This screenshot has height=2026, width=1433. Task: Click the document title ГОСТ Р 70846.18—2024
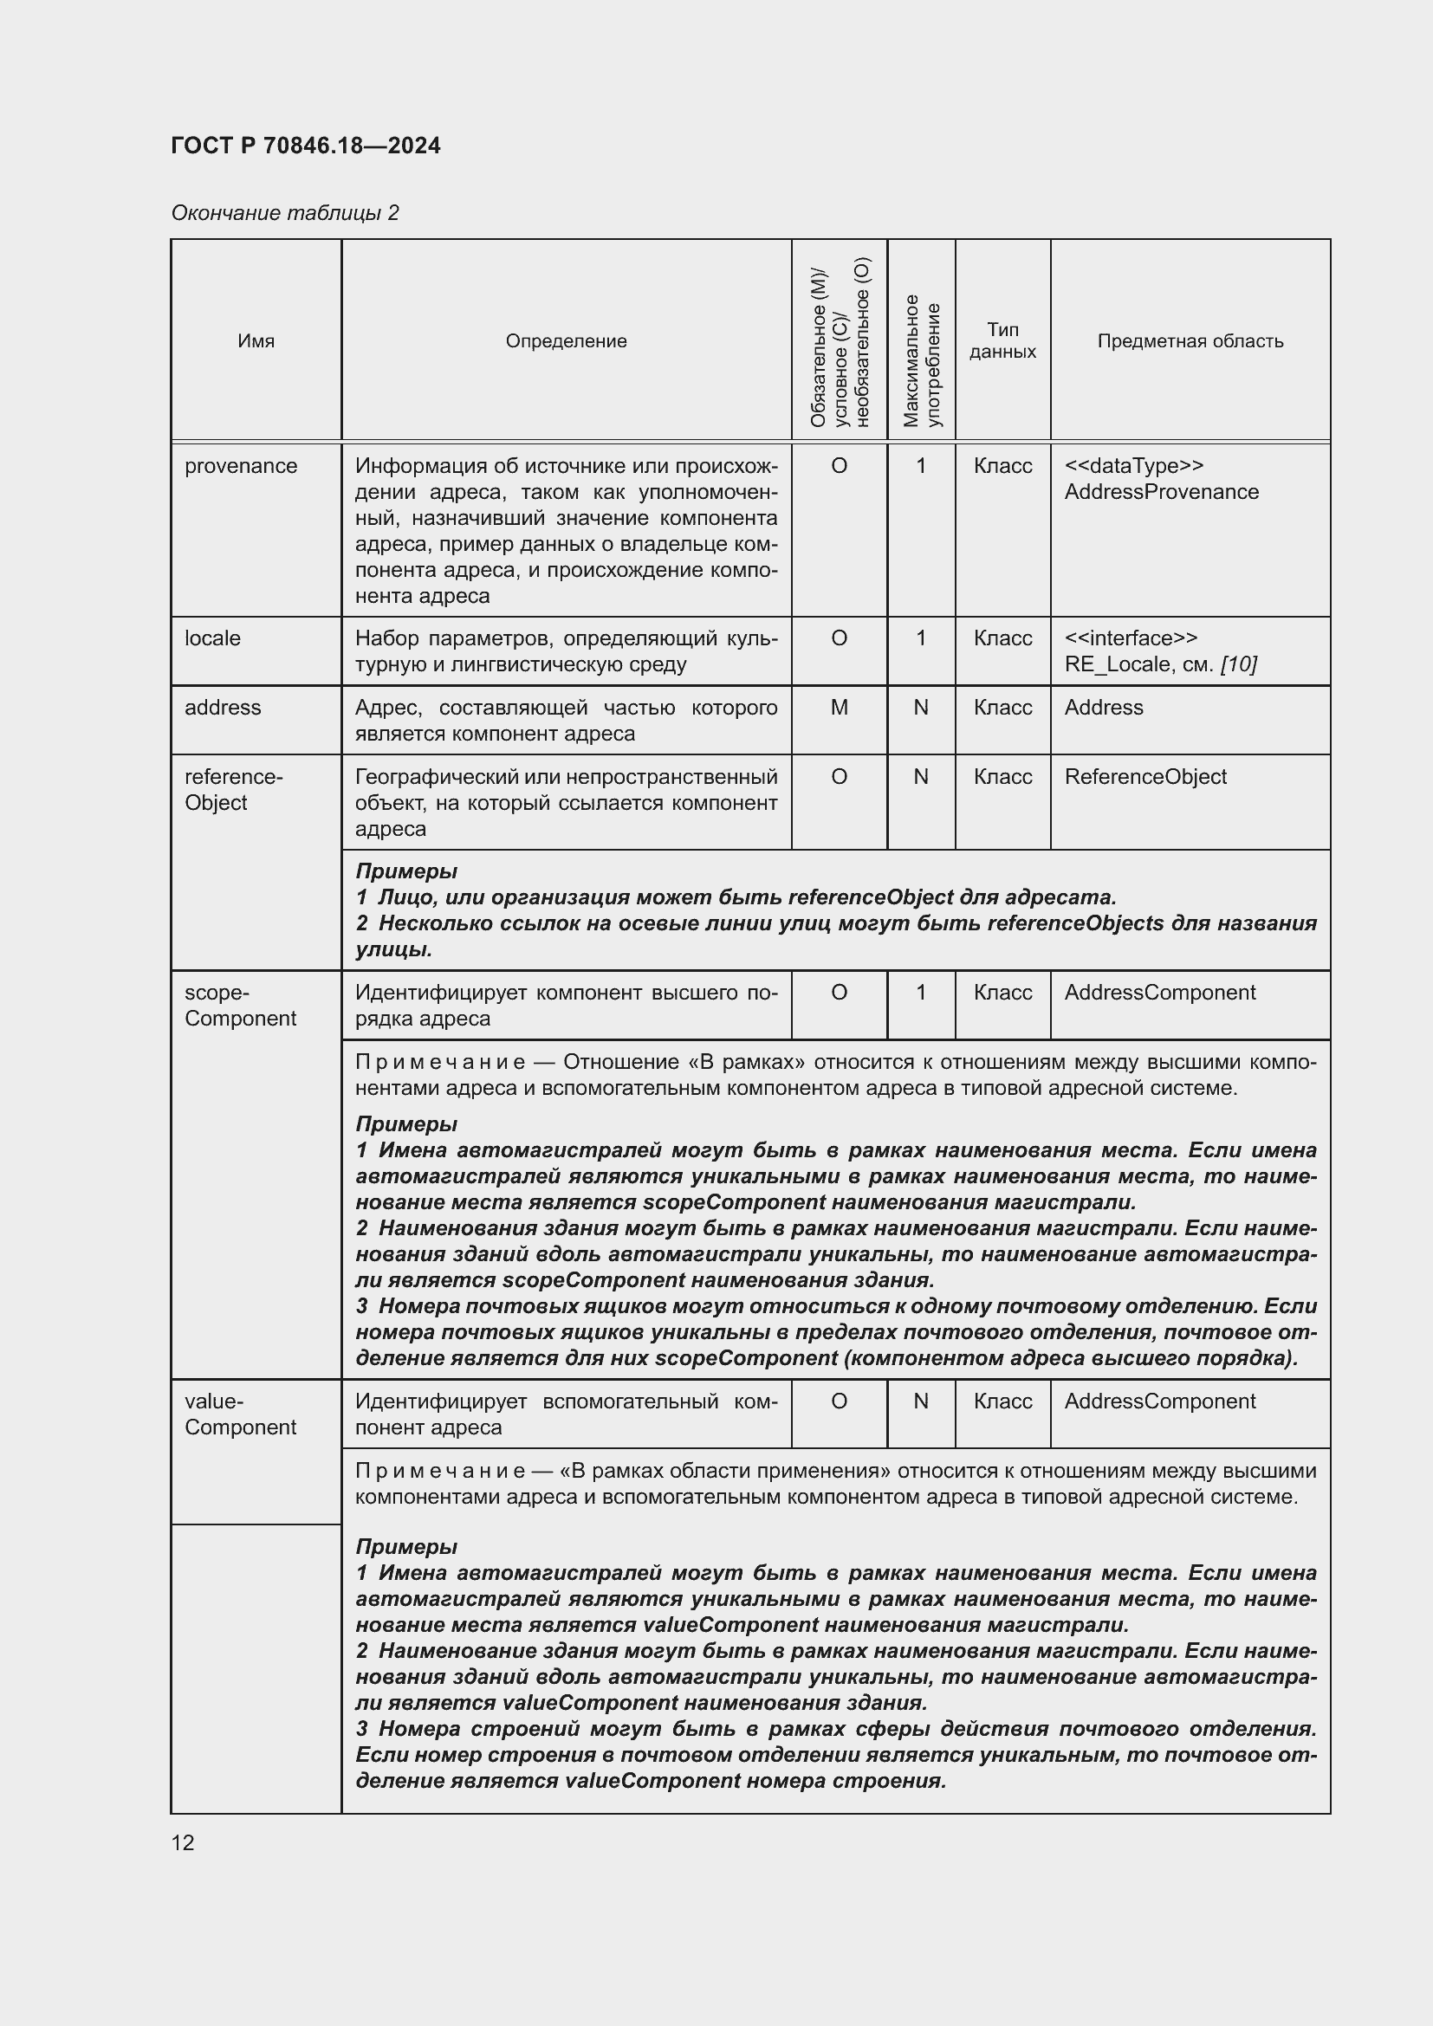(x=305, y=146)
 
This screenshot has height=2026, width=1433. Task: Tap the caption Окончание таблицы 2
(x=285, y=213)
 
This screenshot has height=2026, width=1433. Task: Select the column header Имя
(x=256, y=340)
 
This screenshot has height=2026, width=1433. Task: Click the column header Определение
(x=566, y=340)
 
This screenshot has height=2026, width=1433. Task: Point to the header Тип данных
(x=1002, y=340)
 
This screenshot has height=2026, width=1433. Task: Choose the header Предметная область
(x=1190, y=340)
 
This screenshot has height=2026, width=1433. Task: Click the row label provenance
(x=241, y=466)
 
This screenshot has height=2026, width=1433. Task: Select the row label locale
(x=212, y=638)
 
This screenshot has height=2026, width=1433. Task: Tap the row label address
(x=223, y=708)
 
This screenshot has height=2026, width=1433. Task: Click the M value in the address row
(x=840, y=708)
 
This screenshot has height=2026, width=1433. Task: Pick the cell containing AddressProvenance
(x=1161, y=491)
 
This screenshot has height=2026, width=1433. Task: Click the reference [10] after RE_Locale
(x=1238, y=664)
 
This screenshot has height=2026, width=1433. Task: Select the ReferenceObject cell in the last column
(x=1145, y=776)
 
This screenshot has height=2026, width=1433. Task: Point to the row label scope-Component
(x=240, y=1005)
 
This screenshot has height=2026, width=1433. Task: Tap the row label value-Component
(x=240, y=1414)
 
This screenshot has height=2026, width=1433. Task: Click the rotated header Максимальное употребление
(x=921, y=360)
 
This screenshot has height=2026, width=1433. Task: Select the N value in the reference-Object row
(x=921, y=776)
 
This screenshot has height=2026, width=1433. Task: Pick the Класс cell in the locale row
(x=1002, y=638)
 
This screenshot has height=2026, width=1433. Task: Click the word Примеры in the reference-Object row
(x=405, y=871)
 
